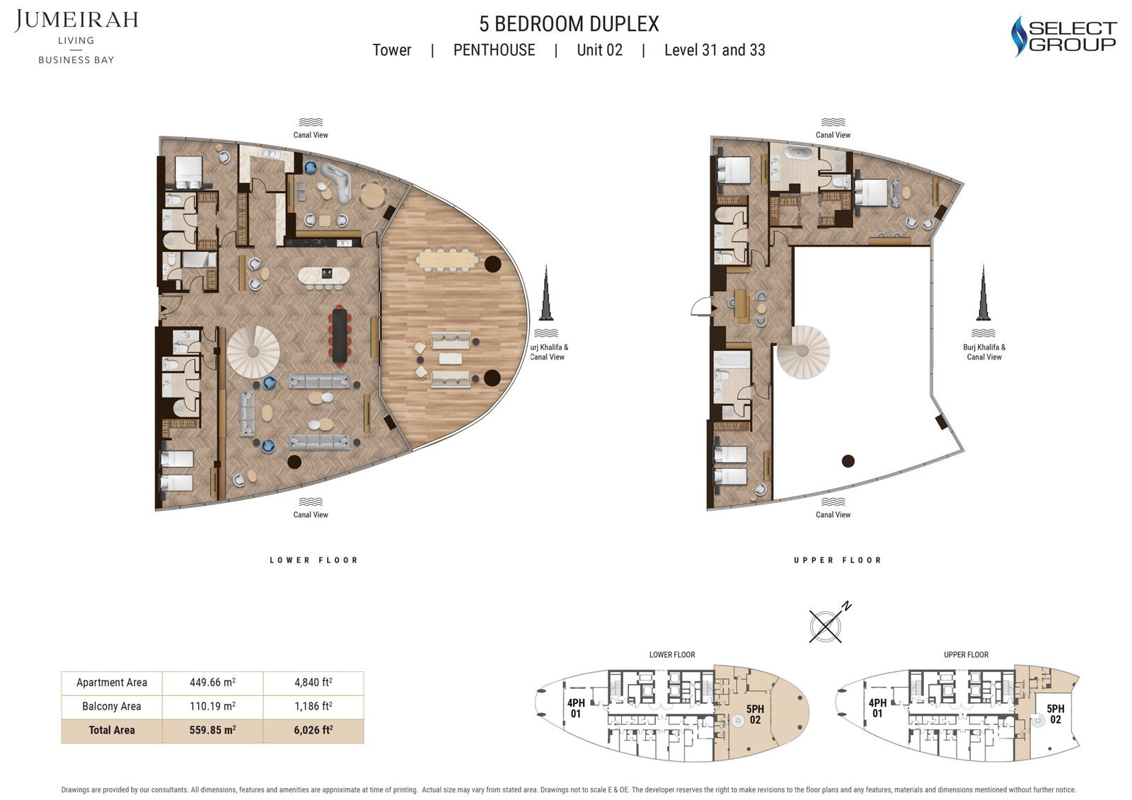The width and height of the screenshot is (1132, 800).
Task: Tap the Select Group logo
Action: coord(1063,37)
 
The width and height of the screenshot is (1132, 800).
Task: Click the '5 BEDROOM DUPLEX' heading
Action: coord(569,24)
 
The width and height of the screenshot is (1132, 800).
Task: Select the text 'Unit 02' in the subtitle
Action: coord(599,50)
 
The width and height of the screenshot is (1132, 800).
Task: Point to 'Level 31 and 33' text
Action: coord(715,50)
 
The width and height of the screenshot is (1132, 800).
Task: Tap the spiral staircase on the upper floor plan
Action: coord(804,351)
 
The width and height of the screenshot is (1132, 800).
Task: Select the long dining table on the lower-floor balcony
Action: coord(447,260)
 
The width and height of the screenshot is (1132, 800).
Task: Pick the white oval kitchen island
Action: coord(324,275)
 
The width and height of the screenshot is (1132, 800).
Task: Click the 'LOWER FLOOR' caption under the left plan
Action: coord(313,560)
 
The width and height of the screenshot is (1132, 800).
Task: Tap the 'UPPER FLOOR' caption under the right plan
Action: coord(838,560)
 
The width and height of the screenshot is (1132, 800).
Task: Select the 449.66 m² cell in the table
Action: coord(212,683)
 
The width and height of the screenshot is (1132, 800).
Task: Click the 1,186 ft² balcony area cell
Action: coord(313,706)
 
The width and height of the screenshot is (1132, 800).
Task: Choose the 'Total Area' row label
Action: coord(112,730)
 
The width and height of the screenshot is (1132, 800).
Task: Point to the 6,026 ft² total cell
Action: coord(313,730)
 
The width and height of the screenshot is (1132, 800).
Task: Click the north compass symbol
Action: coord(827,625)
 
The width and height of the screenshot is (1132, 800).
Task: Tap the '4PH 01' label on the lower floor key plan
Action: coord(576,708)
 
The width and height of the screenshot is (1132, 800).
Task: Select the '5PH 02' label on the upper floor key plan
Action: coord(1055,714)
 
